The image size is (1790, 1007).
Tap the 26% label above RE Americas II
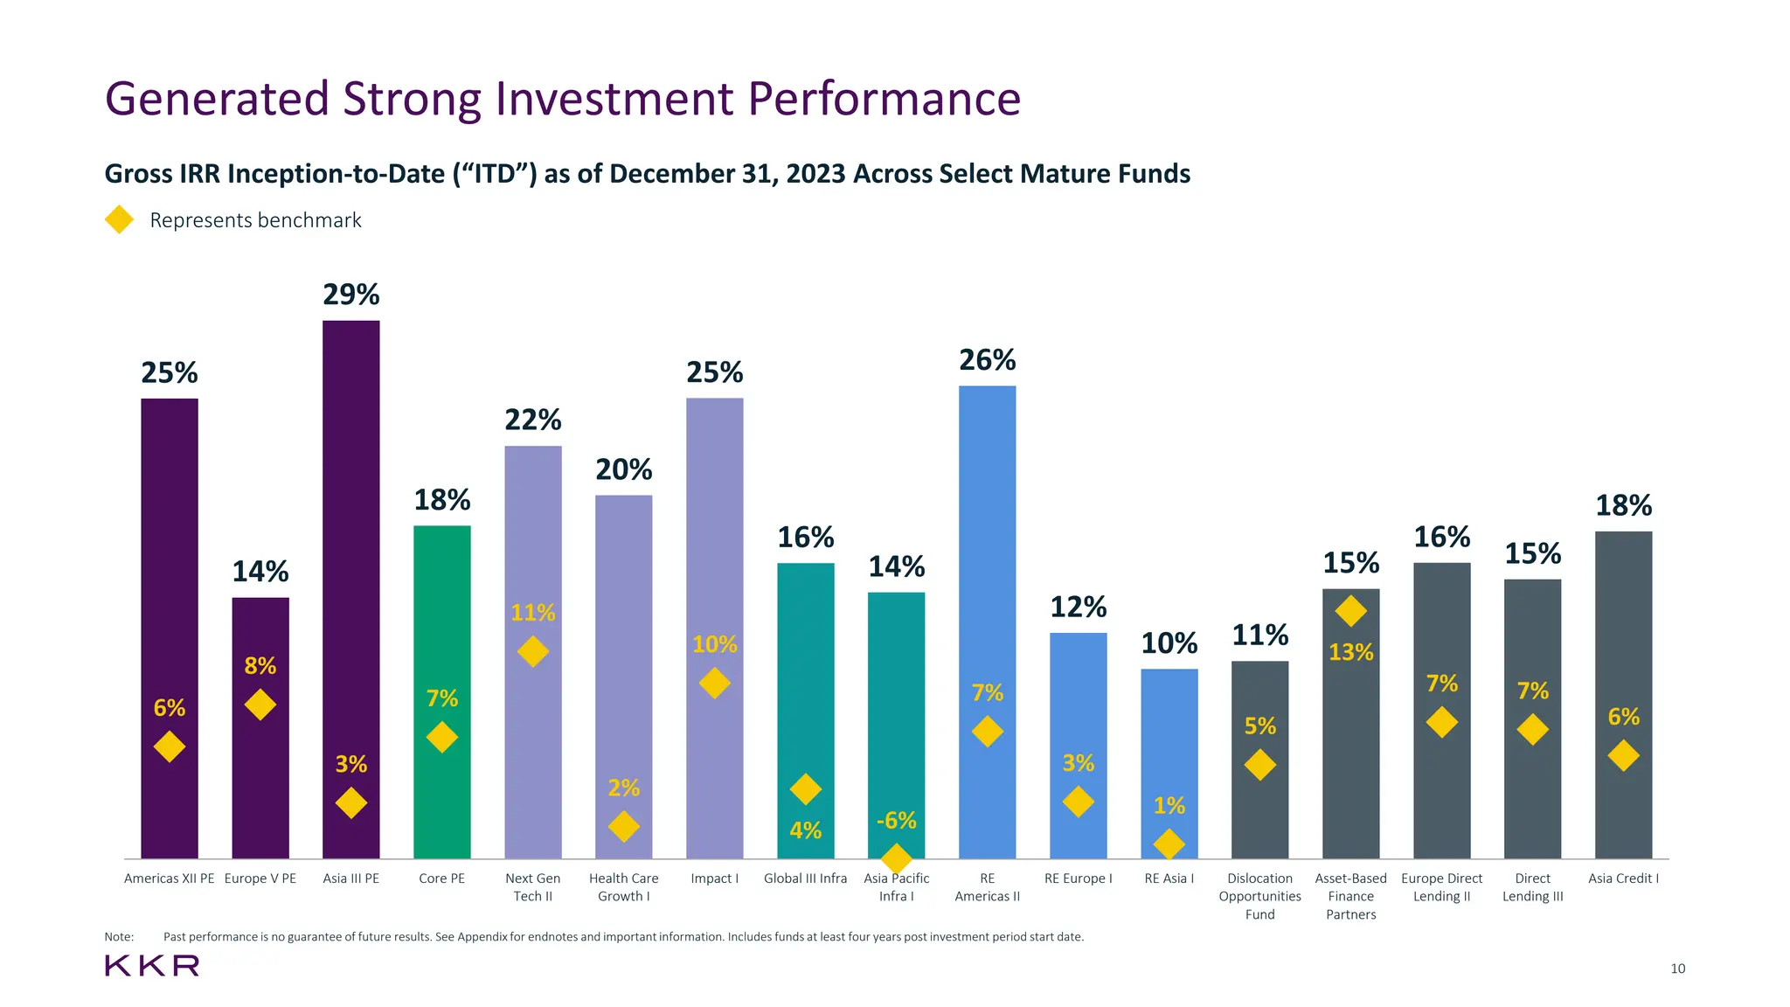coord(987,360)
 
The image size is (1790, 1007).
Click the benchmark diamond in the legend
coord(119,219)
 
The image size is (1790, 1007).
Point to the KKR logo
coord(152,966)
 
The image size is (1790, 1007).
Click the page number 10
coord(1677,969)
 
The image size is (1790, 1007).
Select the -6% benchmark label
coord(896,821)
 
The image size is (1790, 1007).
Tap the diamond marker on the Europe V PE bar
coord(260,705)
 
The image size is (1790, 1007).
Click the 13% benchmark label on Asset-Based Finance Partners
coord(1350,652)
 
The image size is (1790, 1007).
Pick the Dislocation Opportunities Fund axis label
coord(1259,896)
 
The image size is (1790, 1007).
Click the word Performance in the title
coord(885,98)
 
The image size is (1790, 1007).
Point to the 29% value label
coord(350,295)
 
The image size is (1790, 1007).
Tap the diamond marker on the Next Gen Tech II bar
coord(532,651)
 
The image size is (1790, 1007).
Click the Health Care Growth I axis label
coord(623,887)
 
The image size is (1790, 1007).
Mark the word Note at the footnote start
coord(119,937)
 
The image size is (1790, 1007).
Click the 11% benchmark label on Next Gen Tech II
coord(532,613)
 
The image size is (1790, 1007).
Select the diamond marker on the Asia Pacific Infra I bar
coord(896,858)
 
